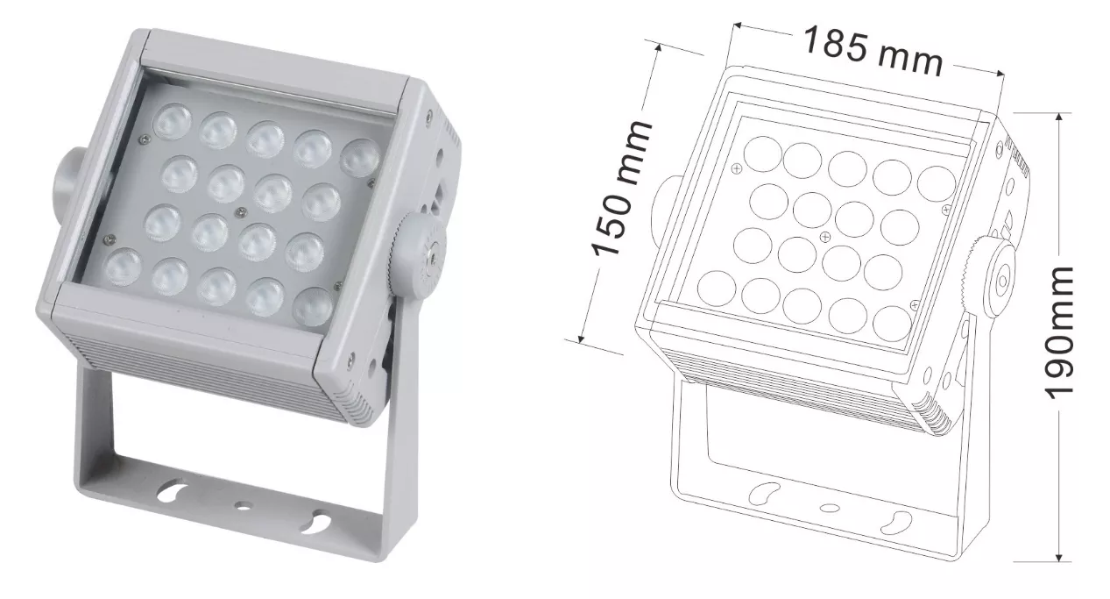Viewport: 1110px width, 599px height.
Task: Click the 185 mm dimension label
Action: coord(873,52)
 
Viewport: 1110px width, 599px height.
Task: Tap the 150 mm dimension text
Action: coord(621,189)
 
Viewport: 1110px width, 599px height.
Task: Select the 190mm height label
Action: coord(1059,333)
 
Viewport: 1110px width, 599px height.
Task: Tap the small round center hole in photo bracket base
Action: coord(243,506)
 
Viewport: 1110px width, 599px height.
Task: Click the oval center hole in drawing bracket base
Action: coord(830,508)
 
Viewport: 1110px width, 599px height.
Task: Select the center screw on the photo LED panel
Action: coord(241,212)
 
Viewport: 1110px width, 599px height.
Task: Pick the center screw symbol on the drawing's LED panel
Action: coord(824,237)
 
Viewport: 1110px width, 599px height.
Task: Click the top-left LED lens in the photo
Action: coord(173,120)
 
